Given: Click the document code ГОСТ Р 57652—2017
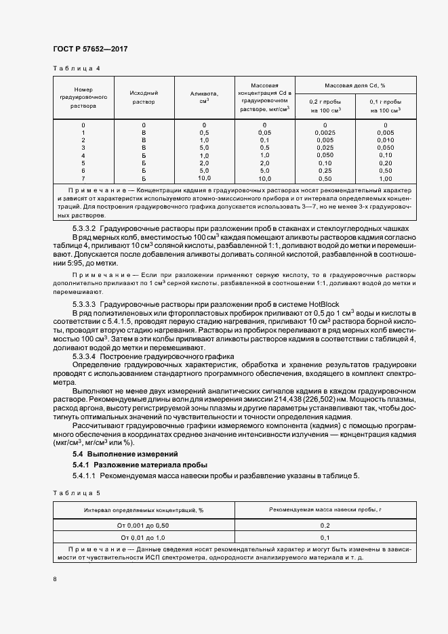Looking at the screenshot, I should pos(89,49).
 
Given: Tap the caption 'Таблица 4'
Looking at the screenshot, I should pos(76,68).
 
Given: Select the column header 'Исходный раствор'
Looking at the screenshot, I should pos(143,97).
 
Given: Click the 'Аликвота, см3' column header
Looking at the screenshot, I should pos(203,97).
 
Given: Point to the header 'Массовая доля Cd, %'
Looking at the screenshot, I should pos(354,85).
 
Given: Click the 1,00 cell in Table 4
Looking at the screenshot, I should pos(385,178).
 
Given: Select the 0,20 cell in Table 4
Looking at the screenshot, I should pos(385,163).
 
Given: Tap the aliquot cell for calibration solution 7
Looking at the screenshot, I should pos(203,178).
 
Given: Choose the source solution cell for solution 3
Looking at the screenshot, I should pos(143,148).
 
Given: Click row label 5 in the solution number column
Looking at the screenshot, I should pos(83,163).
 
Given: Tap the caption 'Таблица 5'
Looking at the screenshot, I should pos(76,493).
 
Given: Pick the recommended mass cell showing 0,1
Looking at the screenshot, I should pos(325,537).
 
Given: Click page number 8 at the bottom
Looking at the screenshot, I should pos(55,579).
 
